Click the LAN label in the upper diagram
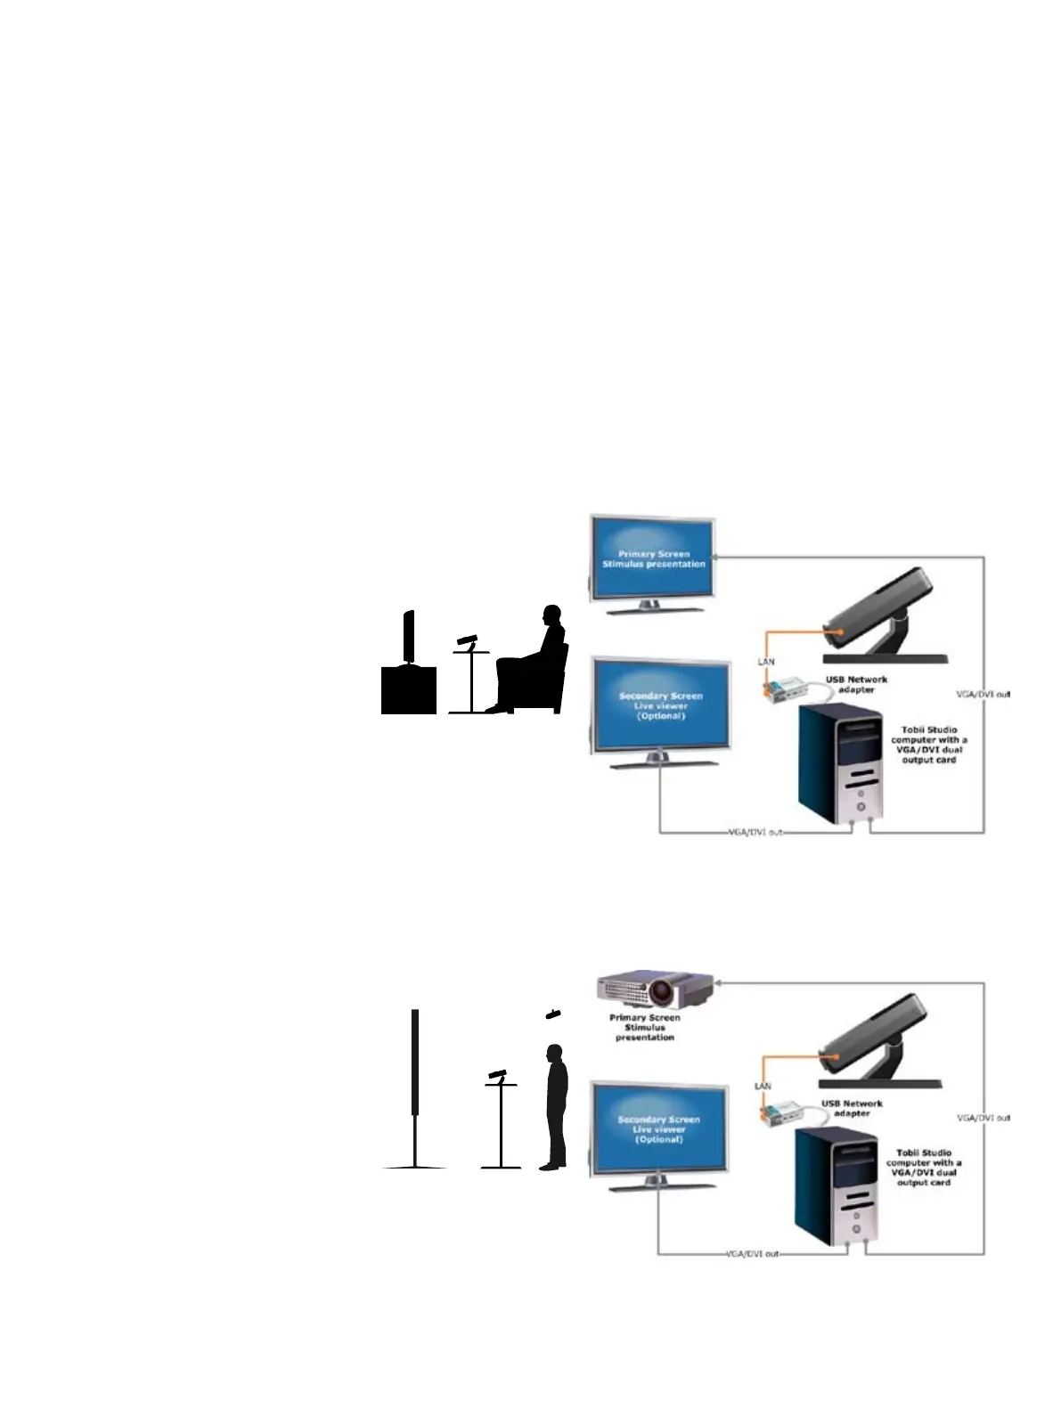tap(765, 663)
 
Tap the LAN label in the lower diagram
tap(763, 1086)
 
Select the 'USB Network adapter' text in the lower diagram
tap(852, 1108)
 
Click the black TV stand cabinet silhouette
tap(409, 688)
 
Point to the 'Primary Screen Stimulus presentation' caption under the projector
tap(644, 1027)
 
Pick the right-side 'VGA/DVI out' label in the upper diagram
tap(983, 694)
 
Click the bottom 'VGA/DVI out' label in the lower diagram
tap(752, 1253)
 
